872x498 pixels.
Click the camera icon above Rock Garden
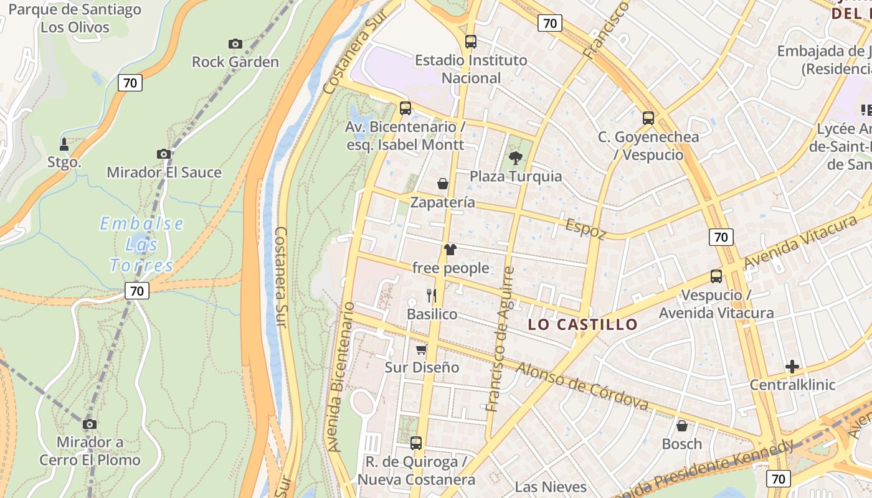click(235, 44)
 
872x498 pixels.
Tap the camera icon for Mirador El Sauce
click(164, 154)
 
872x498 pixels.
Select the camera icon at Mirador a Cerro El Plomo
click(90, 424)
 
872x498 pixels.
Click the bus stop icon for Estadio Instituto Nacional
click(471, 42)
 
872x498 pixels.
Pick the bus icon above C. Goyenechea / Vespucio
click(648, 118)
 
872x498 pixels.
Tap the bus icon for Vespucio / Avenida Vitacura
click(716, 276)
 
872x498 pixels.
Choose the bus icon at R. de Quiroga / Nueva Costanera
click(416, 443)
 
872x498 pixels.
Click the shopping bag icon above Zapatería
click(443, 184)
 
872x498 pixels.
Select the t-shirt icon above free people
click(450, 250)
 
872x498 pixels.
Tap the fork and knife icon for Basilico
click(432, 295)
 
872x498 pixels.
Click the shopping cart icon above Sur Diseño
click(422, 349)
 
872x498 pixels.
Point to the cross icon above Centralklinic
click(792, 367)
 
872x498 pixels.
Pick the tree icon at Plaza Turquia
click(516, 157)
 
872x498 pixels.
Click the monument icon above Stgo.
click(64, 144)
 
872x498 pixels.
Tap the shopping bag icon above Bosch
click(682, 426)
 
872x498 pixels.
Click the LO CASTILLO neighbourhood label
click(583, 324)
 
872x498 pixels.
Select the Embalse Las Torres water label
click(142, 245)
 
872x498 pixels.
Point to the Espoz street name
click(585, 228)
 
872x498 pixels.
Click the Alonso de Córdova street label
click(582, 387)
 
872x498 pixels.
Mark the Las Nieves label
click(551, 487)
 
